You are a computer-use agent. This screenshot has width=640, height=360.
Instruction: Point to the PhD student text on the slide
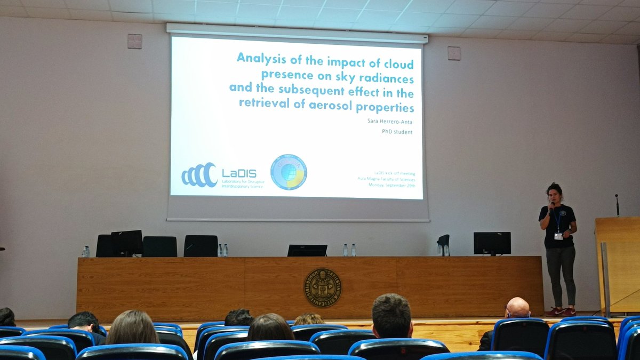coord(397,132)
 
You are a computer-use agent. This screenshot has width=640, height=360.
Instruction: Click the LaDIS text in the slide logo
coord(239,173)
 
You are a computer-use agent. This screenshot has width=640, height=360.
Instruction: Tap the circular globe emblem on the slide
coord(289,172)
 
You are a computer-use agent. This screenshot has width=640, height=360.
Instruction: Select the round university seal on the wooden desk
coord(323,287)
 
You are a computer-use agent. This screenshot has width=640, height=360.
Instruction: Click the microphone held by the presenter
coord(551,205)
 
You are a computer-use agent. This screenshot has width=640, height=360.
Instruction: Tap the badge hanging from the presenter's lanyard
coord(558,236)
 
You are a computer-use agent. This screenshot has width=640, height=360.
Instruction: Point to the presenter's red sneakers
coord(561,311)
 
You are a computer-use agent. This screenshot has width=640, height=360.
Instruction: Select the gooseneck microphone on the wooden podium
coord(617,204)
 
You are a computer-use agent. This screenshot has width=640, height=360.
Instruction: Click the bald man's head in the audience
coord(518,308)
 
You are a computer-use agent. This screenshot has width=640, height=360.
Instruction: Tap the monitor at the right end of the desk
coord(492,243)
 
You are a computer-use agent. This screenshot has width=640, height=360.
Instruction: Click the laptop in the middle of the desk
coord(307,250)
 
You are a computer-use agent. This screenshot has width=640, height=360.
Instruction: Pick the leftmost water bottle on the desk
coord(86,251)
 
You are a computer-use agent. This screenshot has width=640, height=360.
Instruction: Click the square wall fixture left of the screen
coord(135,41)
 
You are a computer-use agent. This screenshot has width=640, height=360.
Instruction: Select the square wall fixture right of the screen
coord(454,53)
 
